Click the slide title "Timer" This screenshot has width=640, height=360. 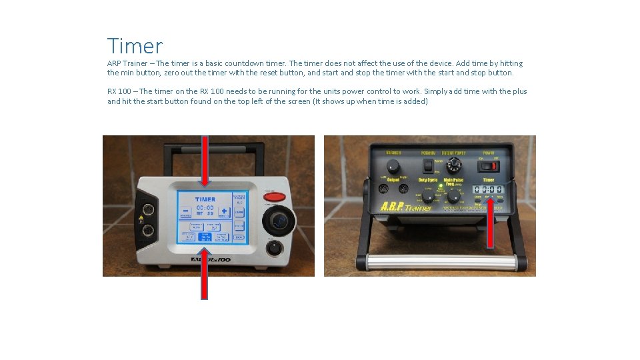(x=135, y=46)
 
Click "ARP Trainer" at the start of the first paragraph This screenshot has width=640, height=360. (x=127, y=63)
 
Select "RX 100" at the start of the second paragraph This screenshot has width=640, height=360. (x=119, y=91)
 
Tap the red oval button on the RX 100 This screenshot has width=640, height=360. (x=275, y=196)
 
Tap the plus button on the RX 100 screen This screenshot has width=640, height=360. (x=223, y=212)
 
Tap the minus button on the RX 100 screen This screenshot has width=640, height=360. (x=185, y=212)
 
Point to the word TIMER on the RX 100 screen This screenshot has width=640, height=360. (x=205, y=199)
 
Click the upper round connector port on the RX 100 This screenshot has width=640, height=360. (x=147, y=209)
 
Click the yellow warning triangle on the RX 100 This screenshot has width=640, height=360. (x=140, y=219)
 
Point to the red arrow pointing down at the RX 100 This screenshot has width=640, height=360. (x=205, y=161)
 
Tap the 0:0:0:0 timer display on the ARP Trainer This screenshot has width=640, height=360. (x=488, y=189)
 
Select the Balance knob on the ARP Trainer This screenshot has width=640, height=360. (x=393, y=164)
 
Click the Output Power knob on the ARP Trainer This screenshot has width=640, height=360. (x=455, y=163)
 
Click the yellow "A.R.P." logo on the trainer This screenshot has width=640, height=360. (x=394, y=207)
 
